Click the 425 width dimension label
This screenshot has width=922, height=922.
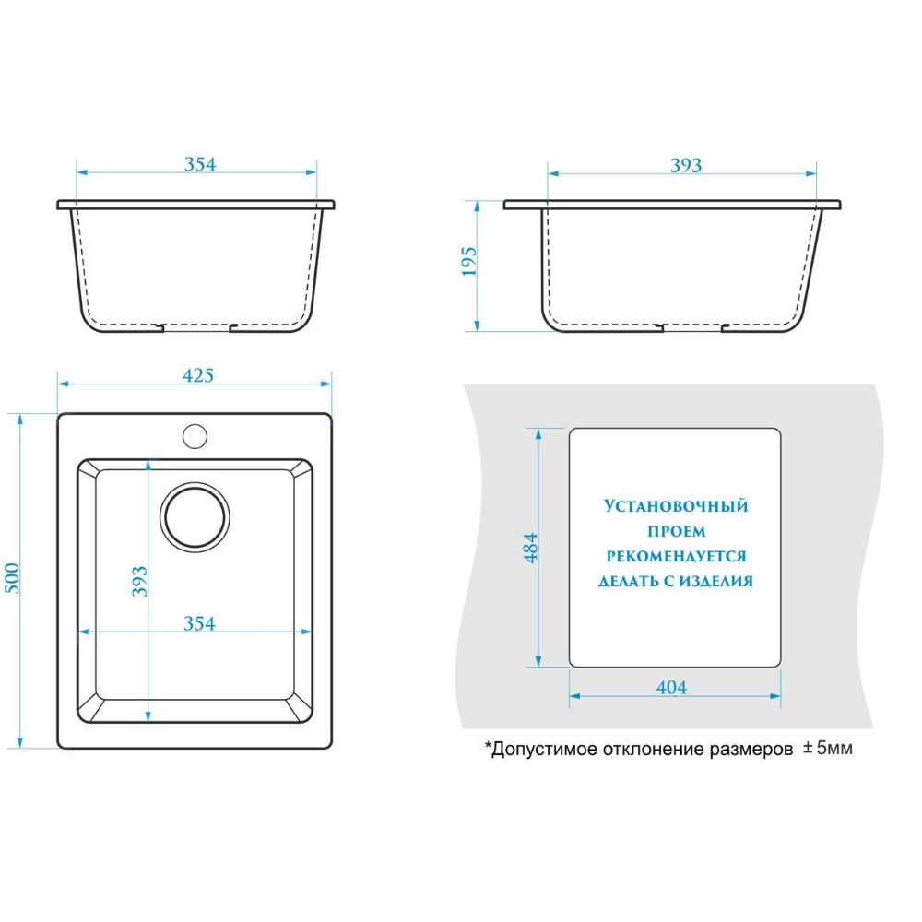(197, 375)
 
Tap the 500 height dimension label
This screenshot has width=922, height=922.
(12, 579)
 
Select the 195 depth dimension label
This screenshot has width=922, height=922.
(468, 261)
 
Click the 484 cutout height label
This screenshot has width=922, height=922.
(530, 548)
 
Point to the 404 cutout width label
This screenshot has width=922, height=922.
(671, 687)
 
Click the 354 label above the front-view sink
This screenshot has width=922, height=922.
(200, 164)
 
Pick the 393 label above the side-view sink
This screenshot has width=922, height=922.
(686, 165)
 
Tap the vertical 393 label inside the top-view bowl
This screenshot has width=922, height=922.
(139, 582)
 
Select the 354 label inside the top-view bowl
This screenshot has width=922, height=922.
(199, 623)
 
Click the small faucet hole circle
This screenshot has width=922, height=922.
(195, 436)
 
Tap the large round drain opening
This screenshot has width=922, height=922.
(195, 517)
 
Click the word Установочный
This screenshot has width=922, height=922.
(676, 505)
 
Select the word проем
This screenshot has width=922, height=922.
(676, 532)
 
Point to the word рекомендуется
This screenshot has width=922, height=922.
(676, 556)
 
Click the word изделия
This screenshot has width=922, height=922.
(716, 581)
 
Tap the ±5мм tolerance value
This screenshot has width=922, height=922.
(828, 748)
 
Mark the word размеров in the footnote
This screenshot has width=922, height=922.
(751, 751)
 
